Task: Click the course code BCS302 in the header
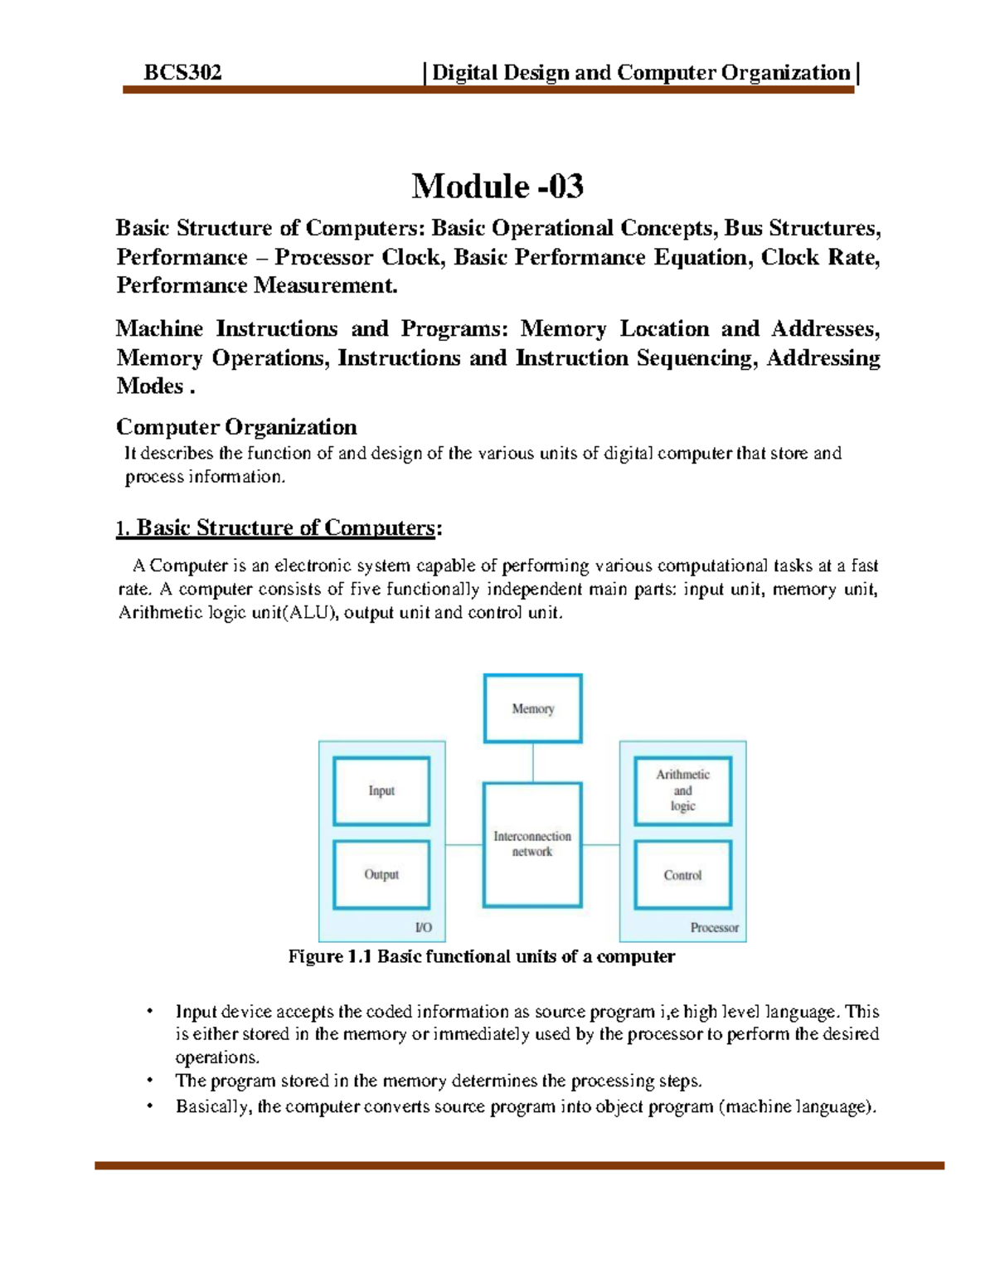click(182, 73)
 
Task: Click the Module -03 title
click(498, 186)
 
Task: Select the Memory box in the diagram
click(533, 708)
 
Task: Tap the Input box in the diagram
click(381, 790)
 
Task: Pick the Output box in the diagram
click(381, 874)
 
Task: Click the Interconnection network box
click(532, 844)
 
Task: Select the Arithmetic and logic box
click(682, 790)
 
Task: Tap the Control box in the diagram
click(682, 875)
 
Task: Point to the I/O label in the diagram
click(424, 927)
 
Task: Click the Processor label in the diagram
click(714, 927)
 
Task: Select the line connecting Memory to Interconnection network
click(533, 762)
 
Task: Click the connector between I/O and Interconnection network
click(464, 845)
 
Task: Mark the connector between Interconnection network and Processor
click(600, 845)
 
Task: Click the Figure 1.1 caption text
click(481, 956)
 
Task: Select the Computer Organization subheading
click(236, 427)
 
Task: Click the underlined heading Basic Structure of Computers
click(285, 527)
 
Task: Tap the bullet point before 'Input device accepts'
click(150, 1011)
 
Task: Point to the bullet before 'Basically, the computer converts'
click(150, 1106)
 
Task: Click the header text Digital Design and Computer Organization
click(641, 73)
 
